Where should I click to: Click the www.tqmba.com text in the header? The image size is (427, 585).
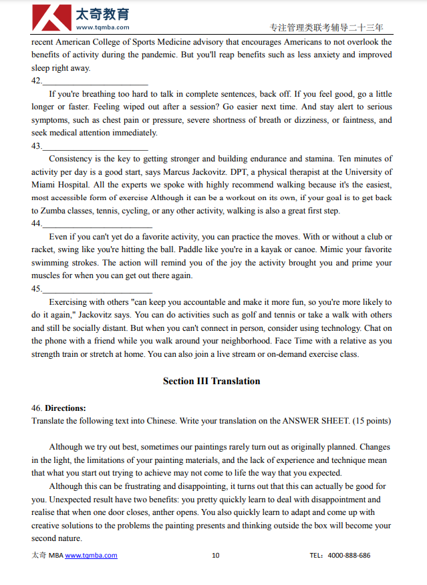103,28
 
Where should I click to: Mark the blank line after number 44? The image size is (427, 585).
96,224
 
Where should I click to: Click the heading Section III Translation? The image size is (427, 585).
211,382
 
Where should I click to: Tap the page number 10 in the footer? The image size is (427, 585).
215,555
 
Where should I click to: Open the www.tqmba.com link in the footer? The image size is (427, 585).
91,555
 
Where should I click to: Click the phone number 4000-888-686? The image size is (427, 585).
349,555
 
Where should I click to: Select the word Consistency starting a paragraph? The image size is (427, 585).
72,159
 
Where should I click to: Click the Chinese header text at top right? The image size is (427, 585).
326,28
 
